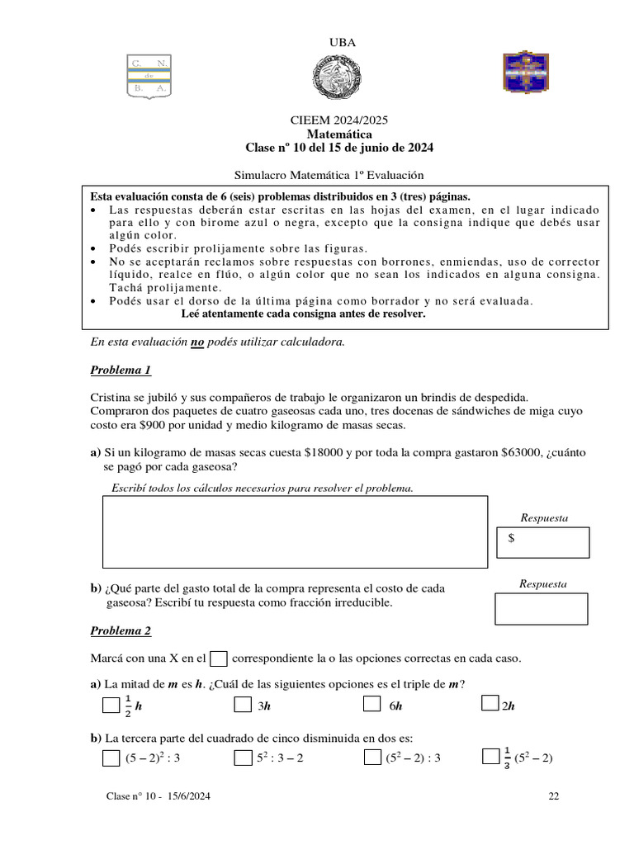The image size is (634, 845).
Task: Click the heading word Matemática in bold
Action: click(x=338, y=134)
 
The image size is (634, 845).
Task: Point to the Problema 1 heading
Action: click(x=121, y=371)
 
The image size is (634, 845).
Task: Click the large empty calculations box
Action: click(x=295, y=531)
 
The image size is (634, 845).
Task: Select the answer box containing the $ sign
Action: click(x=543, y=542)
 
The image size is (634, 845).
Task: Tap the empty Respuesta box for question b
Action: click(x=541, y=608)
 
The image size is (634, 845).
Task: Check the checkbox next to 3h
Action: click(x=242, y=705)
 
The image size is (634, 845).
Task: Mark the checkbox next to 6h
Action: click(x=371, y=705)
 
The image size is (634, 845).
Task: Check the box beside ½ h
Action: click(x=111, y=706)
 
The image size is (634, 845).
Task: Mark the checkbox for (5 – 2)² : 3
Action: click(x=111, y=758)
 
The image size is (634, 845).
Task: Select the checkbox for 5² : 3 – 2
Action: click(x=242, y=758)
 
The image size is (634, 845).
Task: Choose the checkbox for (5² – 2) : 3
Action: click(x=371, y=758)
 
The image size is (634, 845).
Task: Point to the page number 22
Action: click(x=553, y=796)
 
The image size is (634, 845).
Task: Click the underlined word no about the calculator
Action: click(x=197, y=342)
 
